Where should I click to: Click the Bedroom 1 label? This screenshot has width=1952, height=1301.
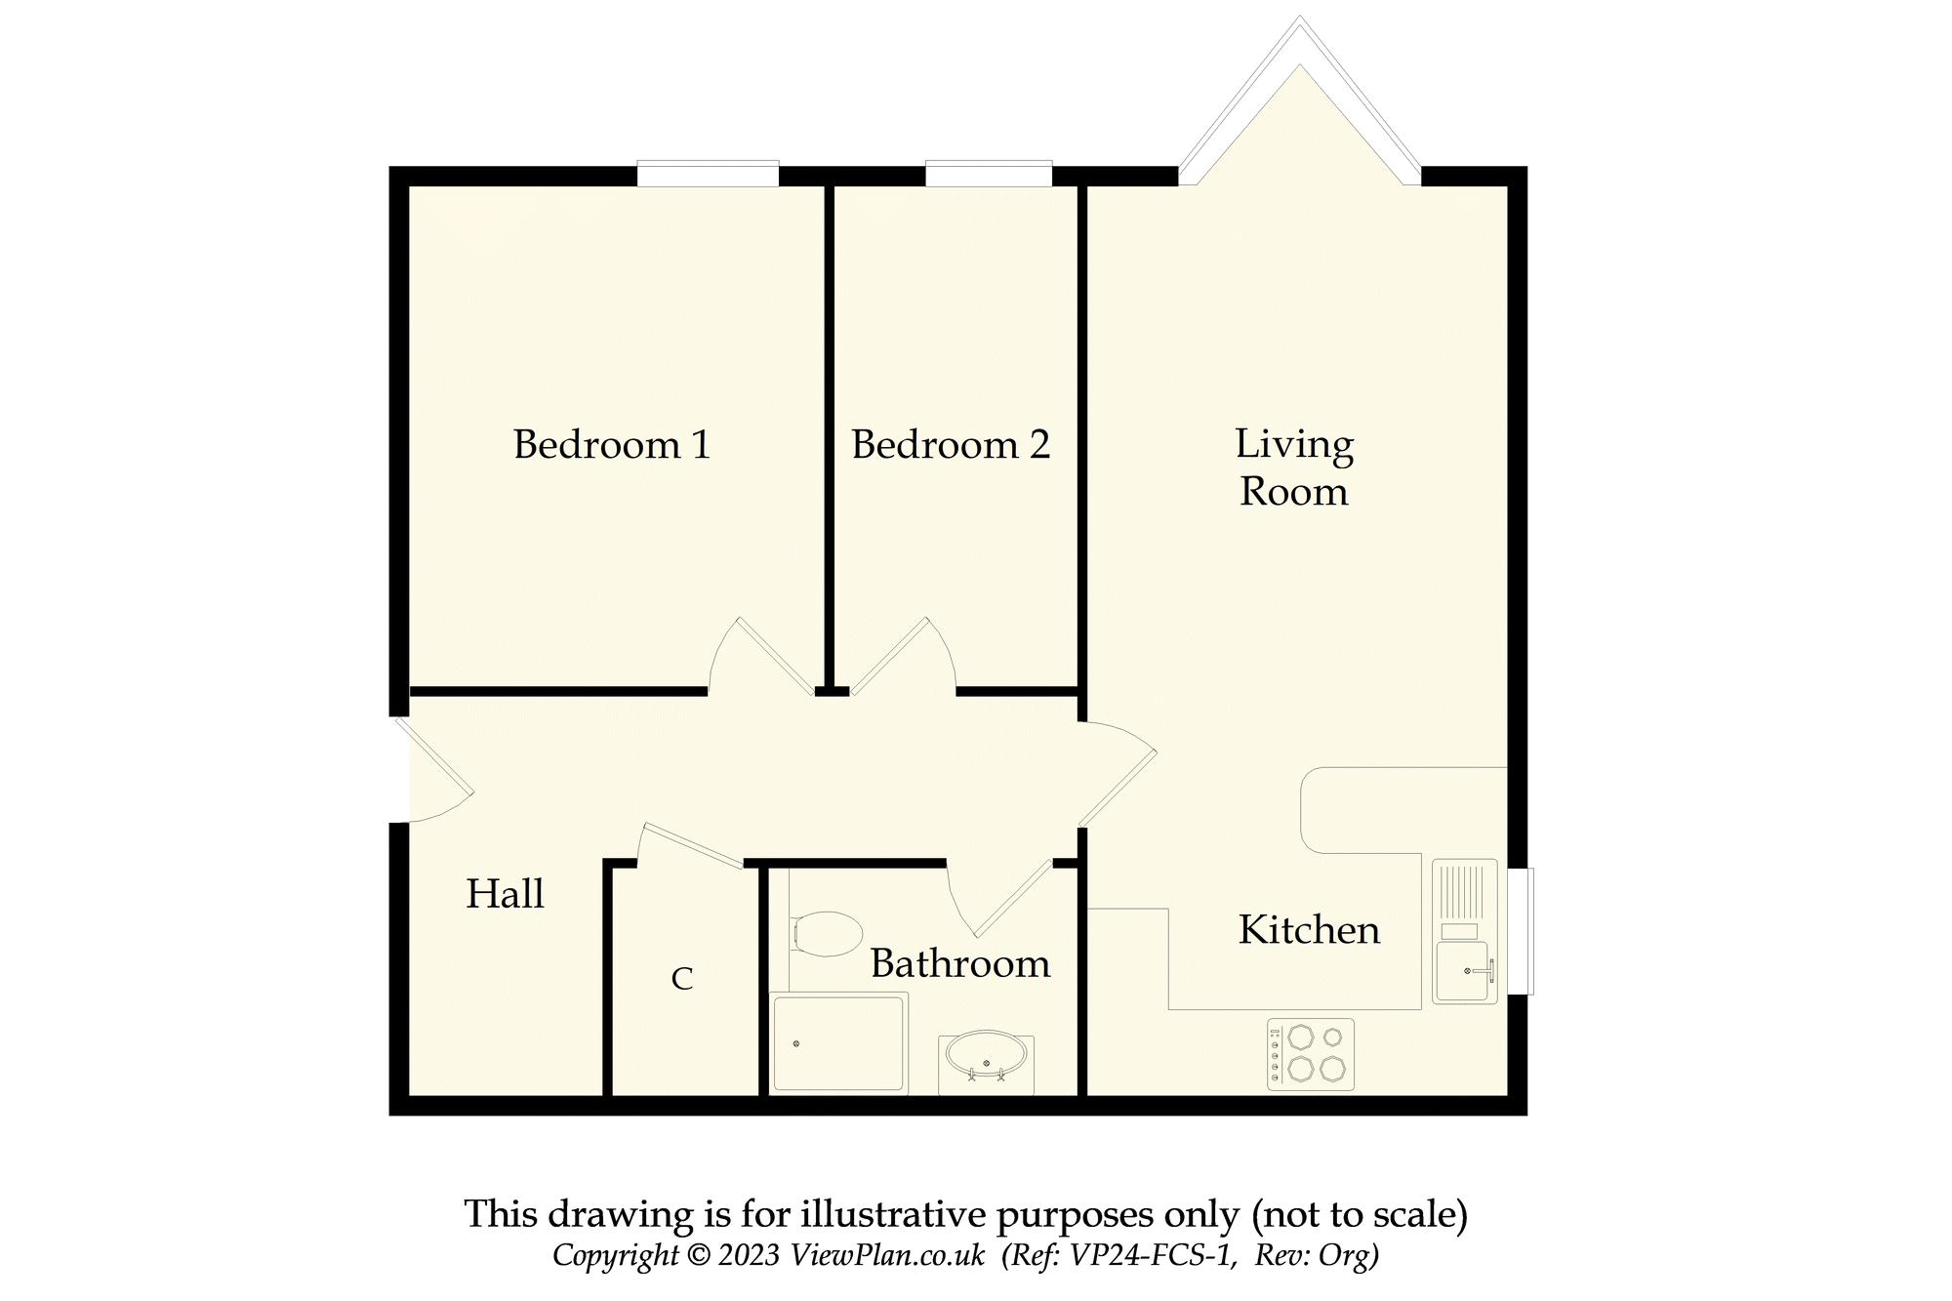click(x=612, y=445)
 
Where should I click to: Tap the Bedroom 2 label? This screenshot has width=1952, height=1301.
click(x=951, y=445)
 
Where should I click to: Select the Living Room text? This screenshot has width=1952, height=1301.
click(x=1294, y=468)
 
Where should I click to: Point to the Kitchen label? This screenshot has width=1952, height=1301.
click(x=1309, y=930)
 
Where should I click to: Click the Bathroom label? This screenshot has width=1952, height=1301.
click(x=960, y=964)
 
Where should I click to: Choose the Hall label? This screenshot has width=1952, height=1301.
click(x=505, y=894)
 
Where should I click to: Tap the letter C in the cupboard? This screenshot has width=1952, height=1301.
click(x=682, y=978)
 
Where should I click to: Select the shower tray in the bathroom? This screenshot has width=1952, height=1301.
click(x=839, y=1042)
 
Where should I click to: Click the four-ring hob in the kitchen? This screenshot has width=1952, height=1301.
click(x=1310, y=1054)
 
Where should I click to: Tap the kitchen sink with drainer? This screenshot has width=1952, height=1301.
click(x=1464, y=932)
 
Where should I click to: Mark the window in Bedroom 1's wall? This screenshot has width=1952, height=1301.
click(x=708, y=174)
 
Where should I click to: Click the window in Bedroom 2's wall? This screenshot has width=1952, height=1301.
click(x=989, y=174)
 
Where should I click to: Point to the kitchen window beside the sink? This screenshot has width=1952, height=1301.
click(x=1520, y=931)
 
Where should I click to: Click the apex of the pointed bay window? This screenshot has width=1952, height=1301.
click(x=1299, y=21)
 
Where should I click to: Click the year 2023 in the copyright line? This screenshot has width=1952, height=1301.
click(x=749, y=1255)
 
